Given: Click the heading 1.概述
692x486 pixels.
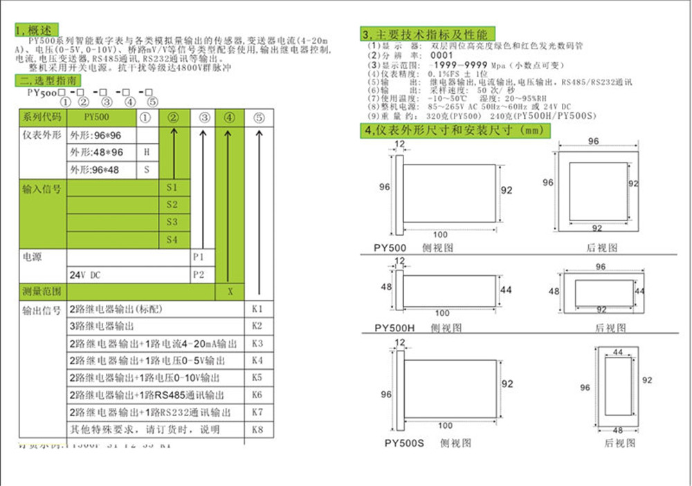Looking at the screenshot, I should (x=34, y=30).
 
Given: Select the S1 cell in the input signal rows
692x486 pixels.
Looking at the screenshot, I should (x=172, y=188).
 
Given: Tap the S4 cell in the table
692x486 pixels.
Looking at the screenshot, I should (x=172, y=239).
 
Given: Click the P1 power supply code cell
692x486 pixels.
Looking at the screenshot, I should (x=199, y=256).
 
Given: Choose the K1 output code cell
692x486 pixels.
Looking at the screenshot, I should (x=257, y=308).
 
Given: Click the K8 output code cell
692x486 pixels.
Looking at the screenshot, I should (x=257, y=429).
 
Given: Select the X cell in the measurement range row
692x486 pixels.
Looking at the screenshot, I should (x=230, y=292).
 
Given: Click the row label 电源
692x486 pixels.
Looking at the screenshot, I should (x=33, y=257).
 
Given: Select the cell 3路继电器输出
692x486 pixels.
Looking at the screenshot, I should (x=101, y=326).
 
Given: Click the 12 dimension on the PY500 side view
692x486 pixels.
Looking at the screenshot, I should (x=399, y=144).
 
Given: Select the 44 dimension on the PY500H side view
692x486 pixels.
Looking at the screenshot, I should (x=506, y=290).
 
